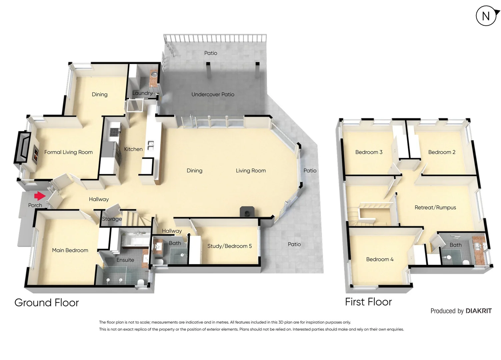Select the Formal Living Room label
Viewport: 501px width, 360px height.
[x=68, y=152]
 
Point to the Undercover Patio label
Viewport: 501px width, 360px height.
[x=213, y=95]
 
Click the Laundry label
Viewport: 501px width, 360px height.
[x=142, y=93]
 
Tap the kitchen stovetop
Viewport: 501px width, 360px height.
[x=114, y=130]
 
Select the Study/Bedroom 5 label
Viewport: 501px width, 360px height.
[x=229, y=246]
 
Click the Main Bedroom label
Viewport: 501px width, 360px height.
[x=70, y=250]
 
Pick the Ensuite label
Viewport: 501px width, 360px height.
[x=125, y=260]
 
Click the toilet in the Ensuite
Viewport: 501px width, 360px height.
[x=140, y=283]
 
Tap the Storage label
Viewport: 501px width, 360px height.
[x=112, y=219]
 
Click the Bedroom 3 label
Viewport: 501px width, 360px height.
[x=369, y=152]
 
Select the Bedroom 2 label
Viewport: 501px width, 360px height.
[x=442, y=152]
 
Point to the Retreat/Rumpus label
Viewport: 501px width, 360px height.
[x=435, y=208]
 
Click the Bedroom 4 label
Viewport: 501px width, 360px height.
[x=380, y=259]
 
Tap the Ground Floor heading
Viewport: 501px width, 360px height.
[x=47, y=303]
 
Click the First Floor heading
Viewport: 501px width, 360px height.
[x=368, y=302]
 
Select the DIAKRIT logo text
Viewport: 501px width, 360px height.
[x=478, y=311]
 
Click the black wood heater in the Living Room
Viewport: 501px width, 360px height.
[x=247, y=212]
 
